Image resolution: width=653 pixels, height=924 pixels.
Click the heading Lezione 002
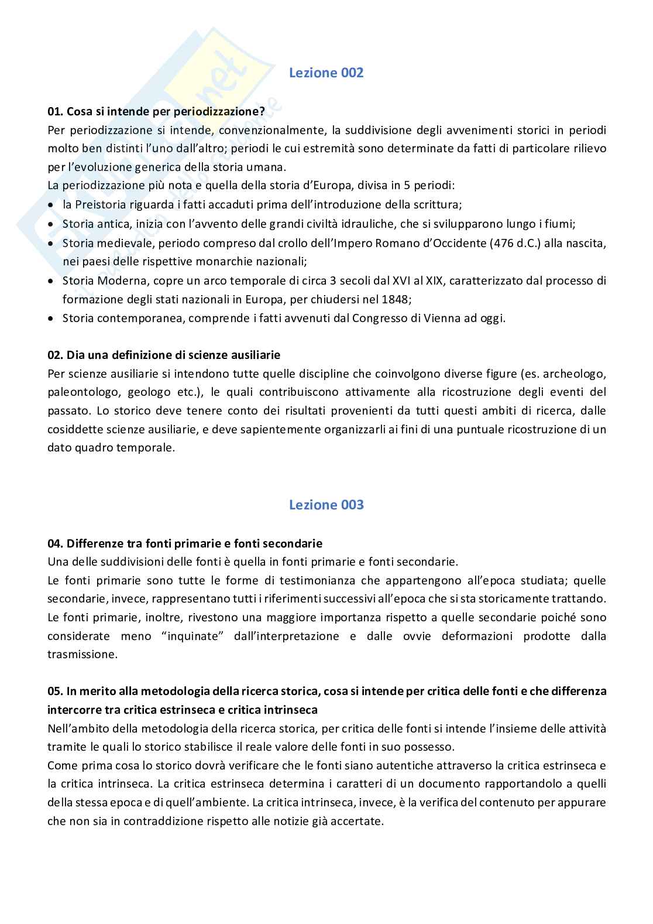[x=326, y=73]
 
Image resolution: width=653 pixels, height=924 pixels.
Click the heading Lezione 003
[x=326, y=505]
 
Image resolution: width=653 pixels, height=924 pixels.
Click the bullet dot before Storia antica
[x=51, y=224]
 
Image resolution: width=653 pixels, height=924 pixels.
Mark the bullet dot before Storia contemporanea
[x=51, y=319]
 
